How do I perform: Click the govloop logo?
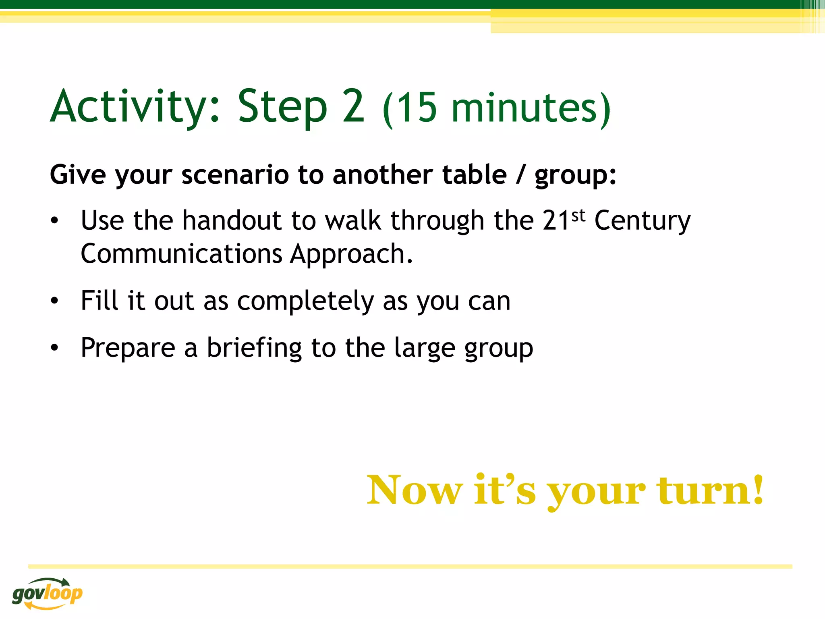47,593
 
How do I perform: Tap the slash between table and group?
520,175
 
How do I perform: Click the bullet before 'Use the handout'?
55,221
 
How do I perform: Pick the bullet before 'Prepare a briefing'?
55,347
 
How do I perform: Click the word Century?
642,222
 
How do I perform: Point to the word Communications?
181,254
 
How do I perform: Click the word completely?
305,301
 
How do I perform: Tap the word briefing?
254,348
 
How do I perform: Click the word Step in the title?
282,107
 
